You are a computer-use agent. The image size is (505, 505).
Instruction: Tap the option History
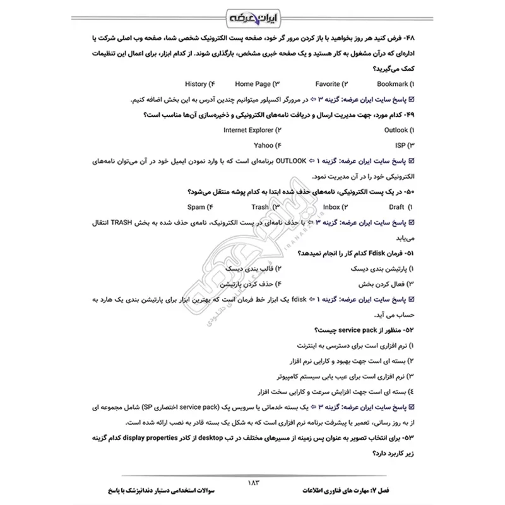coord(199,83)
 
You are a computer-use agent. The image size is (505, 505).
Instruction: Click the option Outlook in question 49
coord(396,130)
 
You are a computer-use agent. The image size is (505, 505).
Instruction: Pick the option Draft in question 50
coord(396,207)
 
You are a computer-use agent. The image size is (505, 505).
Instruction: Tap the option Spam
coord(199,207)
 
